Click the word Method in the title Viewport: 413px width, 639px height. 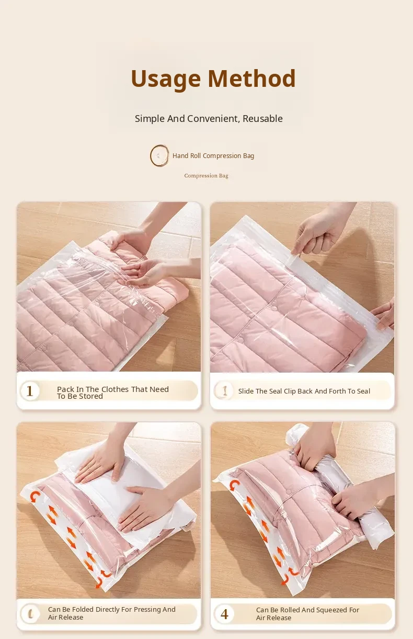coord(251,78)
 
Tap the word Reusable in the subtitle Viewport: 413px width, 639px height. coord(262,118)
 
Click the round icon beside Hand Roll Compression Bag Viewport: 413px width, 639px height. coord(159,155)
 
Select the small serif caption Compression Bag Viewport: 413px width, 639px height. coord(206,176)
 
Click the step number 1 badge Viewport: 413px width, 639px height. coord(30,391)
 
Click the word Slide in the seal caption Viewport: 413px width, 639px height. coord(246,391)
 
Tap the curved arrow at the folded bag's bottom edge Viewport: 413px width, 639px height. coord(99,582)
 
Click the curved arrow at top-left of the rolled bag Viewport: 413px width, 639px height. coord(234,485)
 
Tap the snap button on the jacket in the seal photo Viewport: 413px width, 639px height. coord(274,308)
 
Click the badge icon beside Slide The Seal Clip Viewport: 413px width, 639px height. coord(224,390)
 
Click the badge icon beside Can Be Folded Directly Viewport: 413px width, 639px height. coord(30,613)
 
